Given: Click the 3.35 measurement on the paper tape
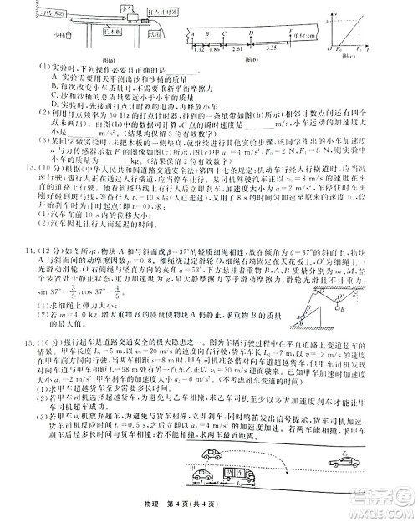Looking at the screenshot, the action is (275, 49).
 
